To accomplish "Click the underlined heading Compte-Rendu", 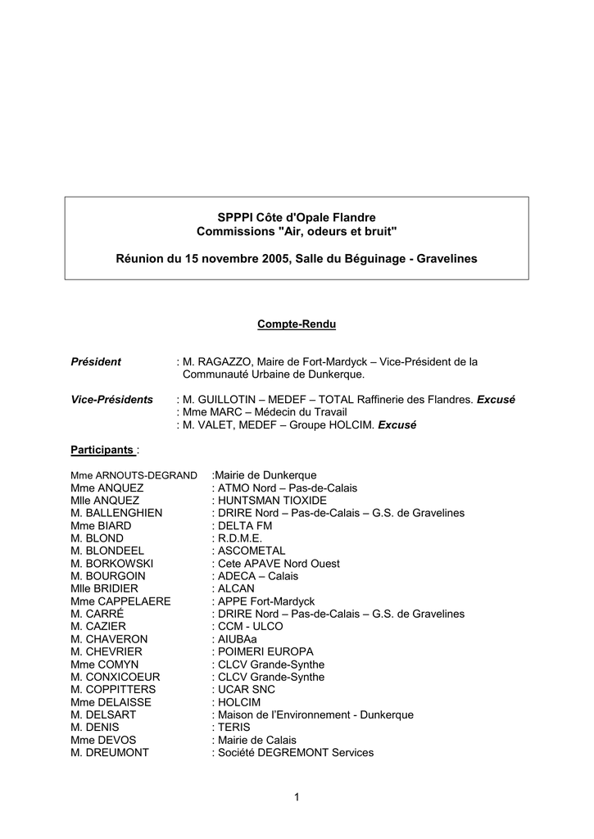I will (297, 324).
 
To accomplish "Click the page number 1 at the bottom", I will (297, 796).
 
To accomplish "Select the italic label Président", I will (96, 361).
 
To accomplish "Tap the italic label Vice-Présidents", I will (112, 399).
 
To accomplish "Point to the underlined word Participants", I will (102, 450).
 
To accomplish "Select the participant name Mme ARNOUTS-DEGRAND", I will (134, 475).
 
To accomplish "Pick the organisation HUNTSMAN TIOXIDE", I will (271, 500).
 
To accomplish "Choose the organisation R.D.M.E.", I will (240, 538).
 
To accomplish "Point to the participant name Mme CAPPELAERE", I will (120, 601).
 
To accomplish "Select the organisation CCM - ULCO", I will (250, 626).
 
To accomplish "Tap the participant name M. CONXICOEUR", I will (116, 677).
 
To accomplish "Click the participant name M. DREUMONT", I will (110, 752).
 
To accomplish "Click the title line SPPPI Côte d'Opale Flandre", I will (297, 218).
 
